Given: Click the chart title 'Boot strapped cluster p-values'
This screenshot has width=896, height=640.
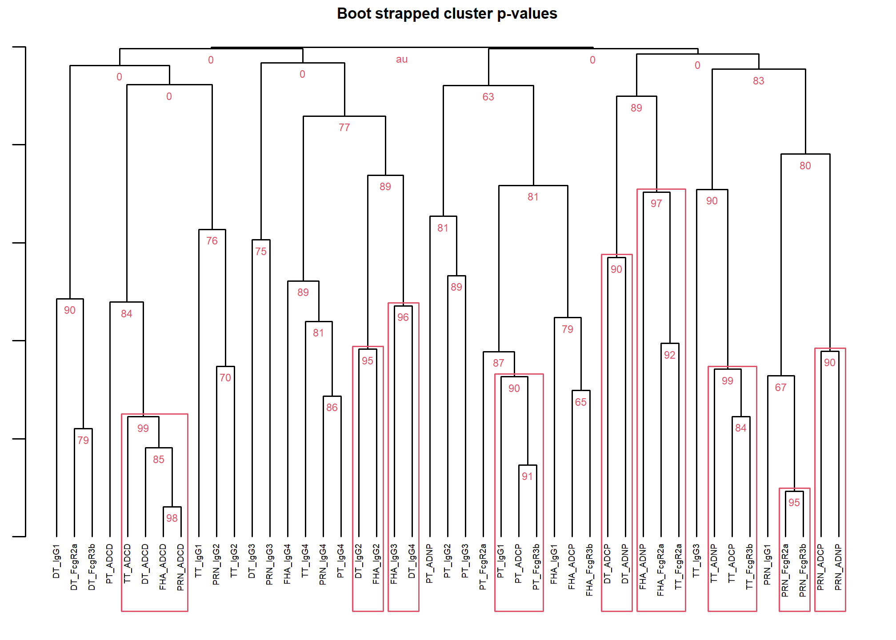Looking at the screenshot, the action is (x=447, y=14).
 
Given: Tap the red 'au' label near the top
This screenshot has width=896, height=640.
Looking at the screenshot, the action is (x=402, y=60).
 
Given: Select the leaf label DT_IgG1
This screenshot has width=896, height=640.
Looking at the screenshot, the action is (x=56, y=561).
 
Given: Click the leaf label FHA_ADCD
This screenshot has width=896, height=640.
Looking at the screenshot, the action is (x=163, y=567).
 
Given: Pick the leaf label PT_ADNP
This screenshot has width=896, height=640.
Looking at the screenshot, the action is (x=429, y=564).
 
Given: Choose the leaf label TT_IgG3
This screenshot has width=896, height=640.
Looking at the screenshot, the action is (x=696, y=561).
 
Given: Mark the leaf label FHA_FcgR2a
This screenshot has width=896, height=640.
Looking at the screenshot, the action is (x=660, y=570).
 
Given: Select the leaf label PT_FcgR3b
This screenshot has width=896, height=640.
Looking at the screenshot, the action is (x=536, y=567).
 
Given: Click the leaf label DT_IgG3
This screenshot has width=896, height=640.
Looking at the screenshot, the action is (x=252, y=561).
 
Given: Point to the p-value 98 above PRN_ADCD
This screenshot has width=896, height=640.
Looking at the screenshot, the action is (x=172, y=518).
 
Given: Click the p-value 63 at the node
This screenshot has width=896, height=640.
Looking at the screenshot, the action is (x=488, y=97).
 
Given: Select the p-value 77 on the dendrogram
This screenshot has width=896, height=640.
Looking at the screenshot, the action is (x=344, y=128).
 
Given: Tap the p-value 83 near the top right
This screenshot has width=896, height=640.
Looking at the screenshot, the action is (x=759, y=81).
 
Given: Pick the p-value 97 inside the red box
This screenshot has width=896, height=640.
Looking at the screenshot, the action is (x=656, y=204).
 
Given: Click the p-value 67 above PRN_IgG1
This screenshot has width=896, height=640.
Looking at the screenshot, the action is (x=781, y=388).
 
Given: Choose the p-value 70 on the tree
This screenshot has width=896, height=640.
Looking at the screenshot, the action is (x=225, y=378).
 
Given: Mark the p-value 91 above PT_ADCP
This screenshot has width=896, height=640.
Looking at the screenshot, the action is (x=528, y=476).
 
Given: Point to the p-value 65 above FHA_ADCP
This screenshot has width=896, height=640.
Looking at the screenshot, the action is (x=581, y=402).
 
